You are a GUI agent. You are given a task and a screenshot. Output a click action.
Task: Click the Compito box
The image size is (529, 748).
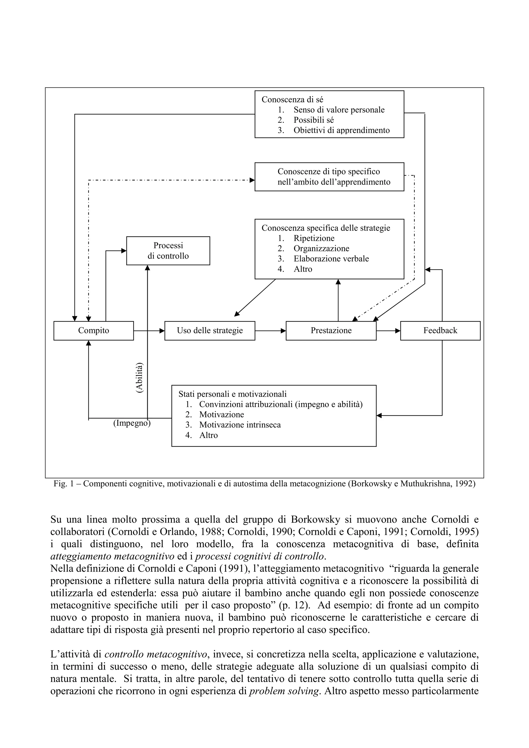[94, 331]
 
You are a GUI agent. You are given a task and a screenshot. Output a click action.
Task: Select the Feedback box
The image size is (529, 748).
[440, 331]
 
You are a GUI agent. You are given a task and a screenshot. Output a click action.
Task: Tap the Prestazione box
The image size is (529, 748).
[331, 331]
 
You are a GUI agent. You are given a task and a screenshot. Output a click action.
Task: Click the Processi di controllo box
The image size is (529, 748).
[168, 251]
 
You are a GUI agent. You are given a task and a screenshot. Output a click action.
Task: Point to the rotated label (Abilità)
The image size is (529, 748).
[139, 378]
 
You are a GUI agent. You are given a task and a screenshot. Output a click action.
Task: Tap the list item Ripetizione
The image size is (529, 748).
[314, 238]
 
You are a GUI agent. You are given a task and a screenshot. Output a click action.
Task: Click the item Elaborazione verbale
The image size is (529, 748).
[331, 259]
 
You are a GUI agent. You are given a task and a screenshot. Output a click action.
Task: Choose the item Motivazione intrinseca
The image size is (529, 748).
[240, 425]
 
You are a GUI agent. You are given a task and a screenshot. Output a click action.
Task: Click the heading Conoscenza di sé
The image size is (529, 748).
[292, 99]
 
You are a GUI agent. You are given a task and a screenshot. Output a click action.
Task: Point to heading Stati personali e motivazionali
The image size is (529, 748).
[232, 394]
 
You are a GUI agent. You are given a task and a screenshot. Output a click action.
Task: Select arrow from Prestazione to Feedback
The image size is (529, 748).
[388, 331]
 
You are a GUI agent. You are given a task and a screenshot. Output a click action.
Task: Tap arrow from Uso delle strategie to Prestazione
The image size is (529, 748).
[270, 331]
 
